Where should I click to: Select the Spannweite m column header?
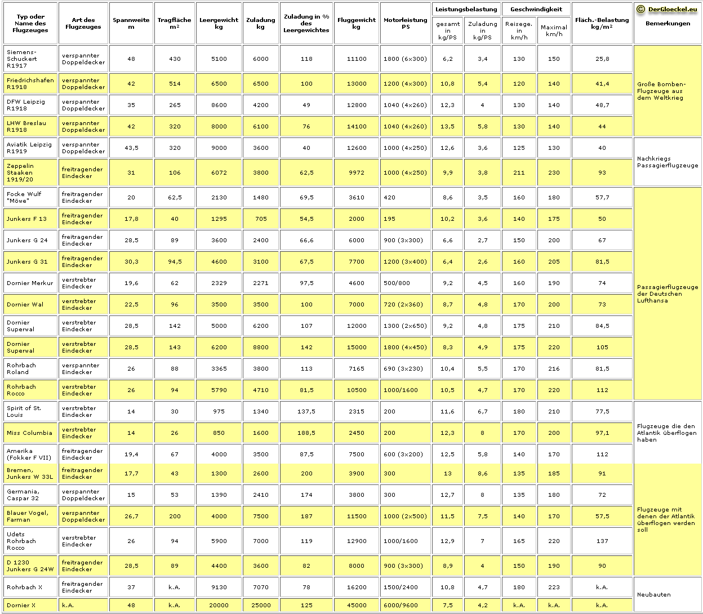(x=131, y=23)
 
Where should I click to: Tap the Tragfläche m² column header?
(x=175, y=23)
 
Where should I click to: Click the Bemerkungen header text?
(x=668, y=24)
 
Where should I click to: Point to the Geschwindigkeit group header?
(x=536, y=9)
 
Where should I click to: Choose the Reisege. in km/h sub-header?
(x=519, y=30)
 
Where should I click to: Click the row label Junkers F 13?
(x=27, y=219)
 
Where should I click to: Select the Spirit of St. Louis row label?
(x=24, y=411)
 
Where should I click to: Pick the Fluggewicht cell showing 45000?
(x=356, y=605)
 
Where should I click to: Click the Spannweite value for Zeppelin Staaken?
(x=131, y=173)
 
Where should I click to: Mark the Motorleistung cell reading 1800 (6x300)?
(x=405, y=59)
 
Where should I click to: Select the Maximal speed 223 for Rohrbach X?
(x=554, y=587)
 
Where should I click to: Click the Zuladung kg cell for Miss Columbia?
(x=261, y=433)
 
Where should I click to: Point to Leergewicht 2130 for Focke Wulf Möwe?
(x=219, y=198)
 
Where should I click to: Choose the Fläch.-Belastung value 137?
(x=602, y=541)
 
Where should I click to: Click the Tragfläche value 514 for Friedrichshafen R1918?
(x=175, y=84)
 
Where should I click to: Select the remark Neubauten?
(x=653, y=595)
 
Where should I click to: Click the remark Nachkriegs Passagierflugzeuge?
(x=667, y=162)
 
